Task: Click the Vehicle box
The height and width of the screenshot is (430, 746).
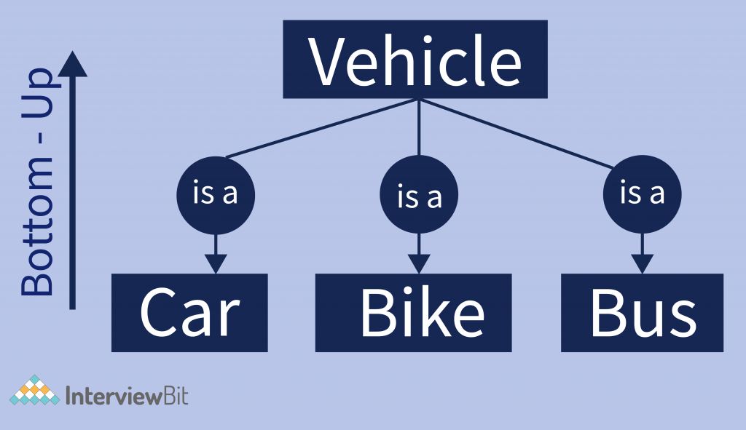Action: [x=415, y=59]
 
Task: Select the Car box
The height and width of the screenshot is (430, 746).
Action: [x=189, y=313]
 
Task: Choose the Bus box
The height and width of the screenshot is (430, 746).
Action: [x=642, y=313]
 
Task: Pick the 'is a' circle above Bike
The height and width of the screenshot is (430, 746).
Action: [x=418, y=196]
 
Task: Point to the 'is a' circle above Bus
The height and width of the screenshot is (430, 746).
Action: [x=642, y=194]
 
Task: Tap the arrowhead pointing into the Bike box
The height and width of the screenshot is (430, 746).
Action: [x=418, y=263]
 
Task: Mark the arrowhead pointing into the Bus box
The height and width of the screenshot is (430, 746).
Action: [x=642, y=263]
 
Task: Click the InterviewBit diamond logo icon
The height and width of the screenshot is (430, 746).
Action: [x=34, y=393]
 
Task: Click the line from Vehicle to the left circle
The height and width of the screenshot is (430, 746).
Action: [x=321, y=128]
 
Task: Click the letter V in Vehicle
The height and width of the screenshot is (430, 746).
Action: [x=327, y=60]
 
